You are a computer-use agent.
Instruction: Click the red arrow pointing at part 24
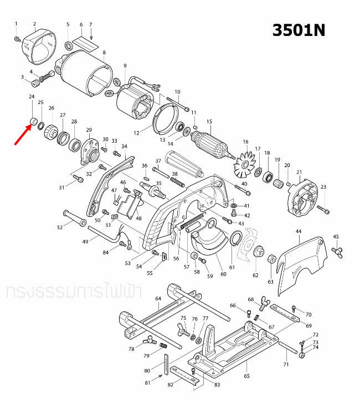pos(23,133)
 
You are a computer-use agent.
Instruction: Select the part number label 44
pos(298,231)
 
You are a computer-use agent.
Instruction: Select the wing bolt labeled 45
pos(336,252)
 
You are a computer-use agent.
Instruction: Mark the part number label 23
pos(323,186)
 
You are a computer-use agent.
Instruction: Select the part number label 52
pos(60,227)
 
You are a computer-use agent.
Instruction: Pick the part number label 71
pos(286,365)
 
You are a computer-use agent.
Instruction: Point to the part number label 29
pos(88,129)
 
